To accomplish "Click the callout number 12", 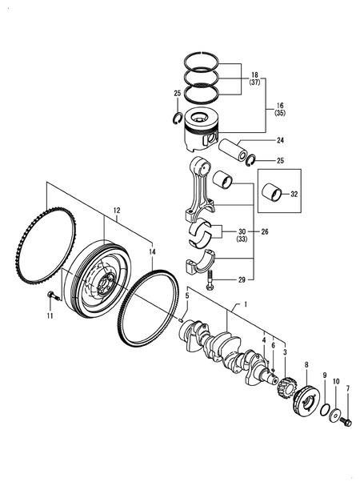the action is (x=117, y=211).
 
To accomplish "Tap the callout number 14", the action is (x=152, y=252).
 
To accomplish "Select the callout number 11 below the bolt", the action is (x=50, y=315).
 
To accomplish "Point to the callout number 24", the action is (x=280, y=140).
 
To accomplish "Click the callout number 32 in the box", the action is (x=294, y=194).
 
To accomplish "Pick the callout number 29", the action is (x=242, y=280).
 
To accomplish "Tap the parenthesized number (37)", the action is (x=254, y=82).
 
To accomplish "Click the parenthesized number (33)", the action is (x=242, y=239).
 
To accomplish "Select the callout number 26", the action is (x=265, y=231).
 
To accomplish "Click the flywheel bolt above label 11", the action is (x=54, y=295).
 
